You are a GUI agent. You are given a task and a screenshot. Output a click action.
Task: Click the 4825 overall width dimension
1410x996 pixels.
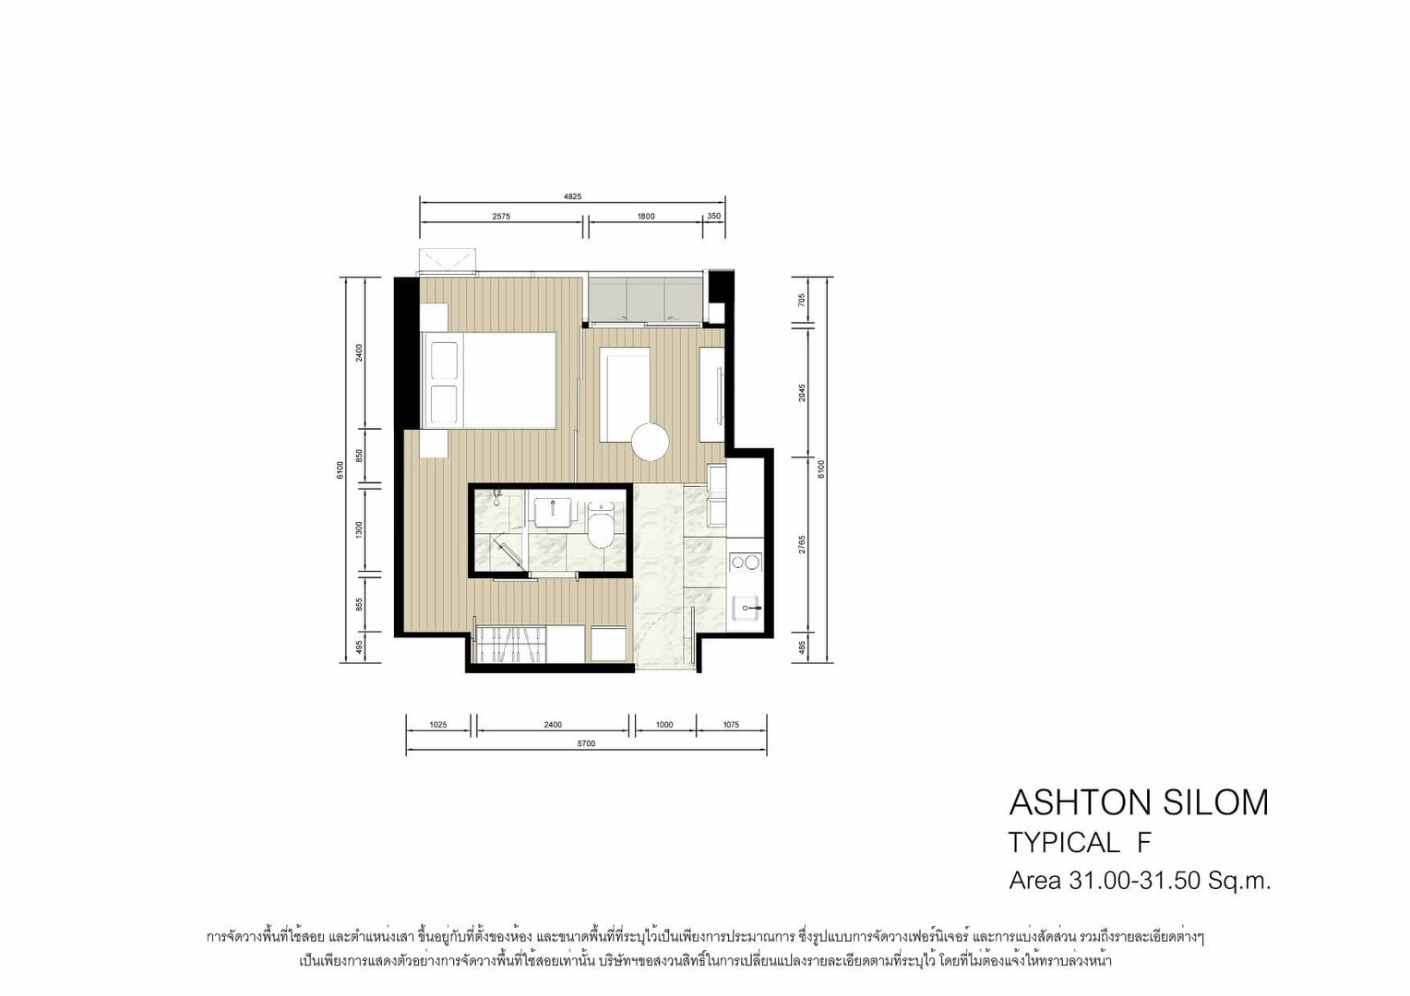(x=572, y=196)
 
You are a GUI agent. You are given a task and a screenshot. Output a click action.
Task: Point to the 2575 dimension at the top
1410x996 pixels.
(x=501, y=217)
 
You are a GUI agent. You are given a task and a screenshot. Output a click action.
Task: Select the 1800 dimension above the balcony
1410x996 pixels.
(x=646, y=217)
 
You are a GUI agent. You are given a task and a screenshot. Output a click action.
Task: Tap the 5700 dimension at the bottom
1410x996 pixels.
(x=586, y=743)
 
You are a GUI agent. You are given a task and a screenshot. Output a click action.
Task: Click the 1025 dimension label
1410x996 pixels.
(x=438, y=725)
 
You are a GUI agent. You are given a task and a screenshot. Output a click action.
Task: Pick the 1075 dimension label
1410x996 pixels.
(x=731, y=725)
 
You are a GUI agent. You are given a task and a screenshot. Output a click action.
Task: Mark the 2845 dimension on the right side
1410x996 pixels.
(x=802, y=393)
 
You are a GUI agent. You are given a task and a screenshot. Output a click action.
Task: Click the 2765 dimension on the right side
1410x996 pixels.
(x=802, y=544)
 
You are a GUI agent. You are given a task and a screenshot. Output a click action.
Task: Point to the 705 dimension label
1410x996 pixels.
(x=802, y=300)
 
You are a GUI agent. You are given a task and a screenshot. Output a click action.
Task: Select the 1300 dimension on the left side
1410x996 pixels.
(x=360, y=529)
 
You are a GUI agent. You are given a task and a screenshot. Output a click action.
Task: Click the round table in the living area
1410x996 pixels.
(x=650, y=442)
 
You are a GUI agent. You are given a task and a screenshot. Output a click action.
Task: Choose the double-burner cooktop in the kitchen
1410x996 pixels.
(x=746, y=562)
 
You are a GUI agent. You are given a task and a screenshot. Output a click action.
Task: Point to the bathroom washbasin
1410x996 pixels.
(x=553, y=513)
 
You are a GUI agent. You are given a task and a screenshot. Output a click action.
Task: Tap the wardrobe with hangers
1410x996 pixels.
(x=510, y=644)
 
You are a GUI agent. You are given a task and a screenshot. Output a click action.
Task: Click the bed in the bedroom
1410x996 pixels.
(x=490, y=381)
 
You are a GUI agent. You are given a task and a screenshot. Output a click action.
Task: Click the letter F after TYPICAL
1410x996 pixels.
(x=1144, y=842)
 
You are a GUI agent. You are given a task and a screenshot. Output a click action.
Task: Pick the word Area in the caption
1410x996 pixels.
(x=1035, y=880)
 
